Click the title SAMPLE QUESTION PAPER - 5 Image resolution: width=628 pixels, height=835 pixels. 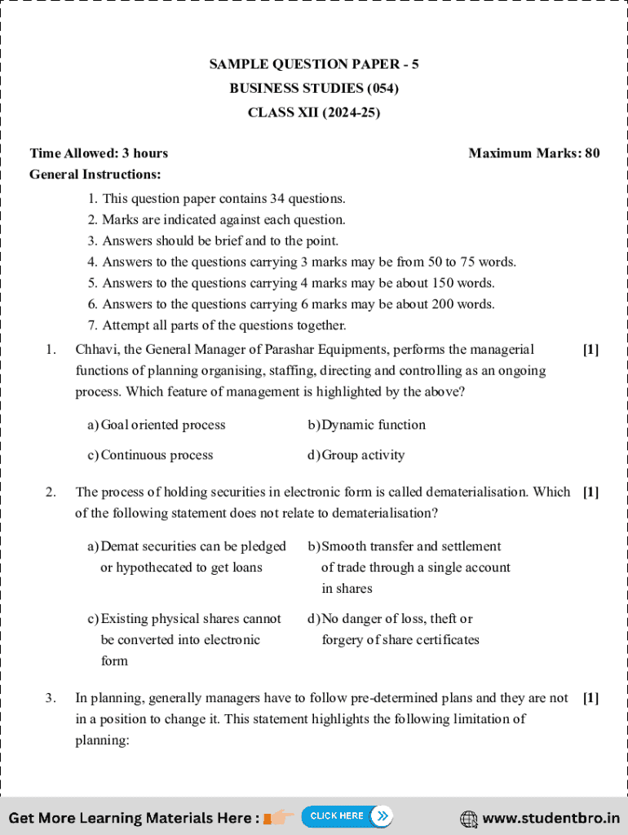(313, 64)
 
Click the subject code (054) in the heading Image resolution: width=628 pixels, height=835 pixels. (383, 88)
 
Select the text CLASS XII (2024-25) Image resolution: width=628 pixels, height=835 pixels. (313, 113)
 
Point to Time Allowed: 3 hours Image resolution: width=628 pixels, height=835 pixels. (99, 153)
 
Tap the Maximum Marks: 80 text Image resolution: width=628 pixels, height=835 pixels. (533, 153)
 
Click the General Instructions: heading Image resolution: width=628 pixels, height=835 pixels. (95, 175)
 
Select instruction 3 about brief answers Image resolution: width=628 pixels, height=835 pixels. (213, 241)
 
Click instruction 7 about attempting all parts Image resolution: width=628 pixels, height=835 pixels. (217, 325)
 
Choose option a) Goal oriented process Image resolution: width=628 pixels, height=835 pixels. (157, 425)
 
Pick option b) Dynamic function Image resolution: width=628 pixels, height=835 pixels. (366, 425)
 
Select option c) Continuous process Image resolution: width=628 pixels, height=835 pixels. (150, 455)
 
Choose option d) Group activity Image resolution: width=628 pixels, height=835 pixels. (356, 455)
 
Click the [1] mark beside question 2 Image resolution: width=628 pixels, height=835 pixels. (590, 492)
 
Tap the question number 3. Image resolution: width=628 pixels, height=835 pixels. (51, 698)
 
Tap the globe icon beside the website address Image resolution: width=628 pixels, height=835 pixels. (469, 818)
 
